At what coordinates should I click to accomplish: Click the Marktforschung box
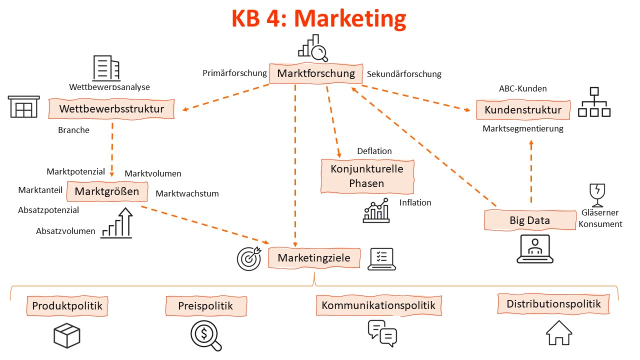pos(315,73)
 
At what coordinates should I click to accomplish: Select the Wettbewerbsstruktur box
pos(111,109)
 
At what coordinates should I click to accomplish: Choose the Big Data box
pos(529,220)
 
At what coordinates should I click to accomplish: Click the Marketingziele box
pos(314,258)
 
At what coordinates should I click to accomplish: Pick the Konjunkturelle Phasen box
pos(367,176)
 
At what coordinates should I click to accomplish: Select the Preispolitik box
pos(205,305)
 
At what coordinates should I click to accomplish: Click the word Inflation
pos(415,202)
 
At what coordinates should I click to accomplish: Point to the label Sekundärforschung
pos(404,74)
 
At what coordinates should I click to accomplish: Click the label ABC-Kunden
pos(522,88)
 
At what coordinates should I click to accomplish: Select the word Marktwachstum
pos(187,193)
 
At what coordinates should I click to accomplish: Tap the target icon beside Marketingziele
pos(248,258)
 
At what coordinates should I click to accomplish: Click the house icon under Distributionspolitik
pos(558,332)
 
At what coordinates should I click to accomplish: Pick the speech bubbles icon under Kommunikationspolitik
pos(382,333)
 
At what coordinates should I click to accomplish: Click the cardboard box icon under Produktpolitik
pos(67,335)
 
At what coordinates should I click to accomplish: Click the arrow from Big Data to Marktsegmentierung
pos(531,170)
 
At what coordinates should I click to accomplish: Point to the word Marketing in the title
pos(350,19)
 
